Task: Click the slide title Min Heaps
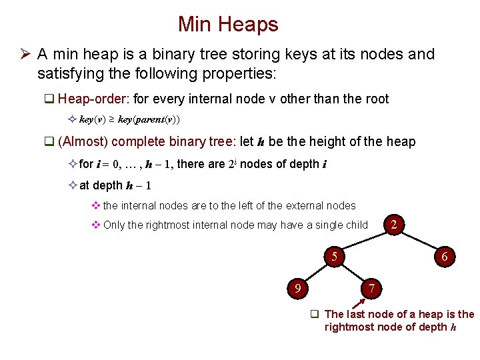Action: tap(228, 25)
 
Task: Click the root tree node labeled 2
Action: tap(394, 225)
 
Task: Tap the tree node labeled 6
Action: tap(445, 256)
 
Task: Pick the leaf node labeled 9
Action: tap(297, 288)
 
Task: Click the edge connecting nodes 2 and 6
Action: tap(419, 240)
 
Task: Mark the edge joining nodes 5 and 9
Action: tap(315, 272)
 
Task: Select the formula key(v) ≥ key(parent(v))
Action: tap(129, 120)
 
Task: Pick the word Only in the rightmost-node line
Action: tap(114, 225)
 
